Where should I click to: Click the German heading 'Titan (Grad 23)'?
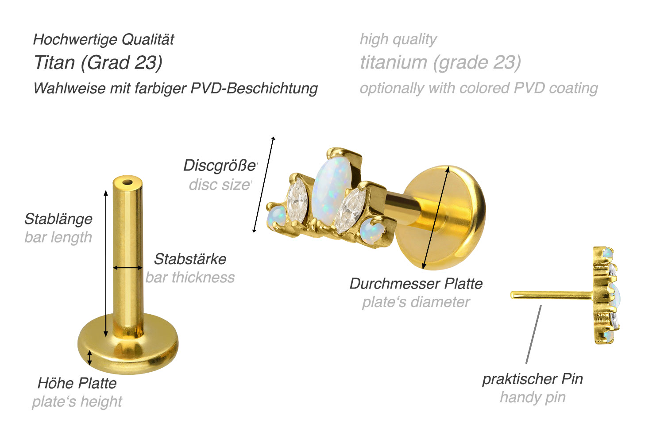[98, 63]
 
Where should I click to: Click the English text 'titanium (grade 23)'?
[440, 63]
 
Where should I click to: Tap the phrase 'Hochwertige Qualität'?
[104, 40]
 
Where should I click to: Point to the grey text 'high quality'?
[398, 40]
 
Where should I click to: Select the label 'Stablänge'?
[58, 219]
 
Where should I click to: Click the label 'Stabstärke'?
[190, 259]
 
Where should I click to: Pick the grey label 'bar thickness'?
[190, 277]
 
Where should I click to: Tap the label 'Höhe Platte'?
[77, 383]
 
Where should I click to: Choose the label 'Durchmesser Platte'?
[416, 284]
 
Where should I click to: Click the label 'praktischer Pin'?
[533, 379]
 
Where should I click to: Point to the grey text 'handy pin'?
[533, 397]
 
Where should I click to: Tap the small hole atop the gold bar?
[128, 182]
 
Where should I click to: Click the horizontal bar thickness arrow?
[128, 268]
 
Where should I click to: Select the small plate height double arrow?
[90, 358]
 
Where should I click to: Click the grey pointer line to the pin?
[533, 335]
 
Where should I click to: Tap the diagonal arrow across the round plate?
[436, 218]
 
